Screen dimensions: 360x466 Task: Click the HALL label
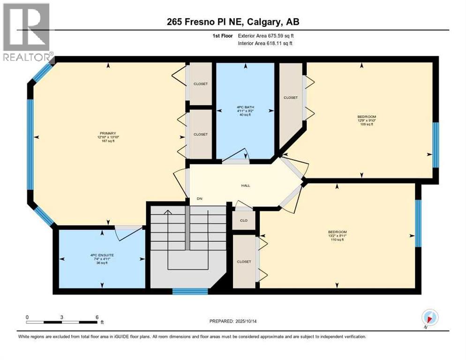(x=245, y=185)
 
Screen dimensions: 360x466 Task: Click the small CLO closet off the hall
(x=244, y=220)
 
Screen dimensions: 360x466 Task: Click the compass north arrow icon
(x=429, y=317)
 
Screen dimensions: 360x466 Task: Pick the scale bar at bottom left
(x=62, y=322)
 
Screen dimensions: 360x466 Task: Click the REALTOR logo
(x=27, y=32)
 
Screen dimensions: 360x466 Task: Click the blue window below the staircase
(x=190, y=291)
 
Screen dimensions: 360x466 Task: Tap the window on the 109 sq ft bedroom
(x=435, y=145)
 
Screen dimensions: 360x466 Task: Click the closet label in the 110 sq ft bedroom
(x=244, y=262)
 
